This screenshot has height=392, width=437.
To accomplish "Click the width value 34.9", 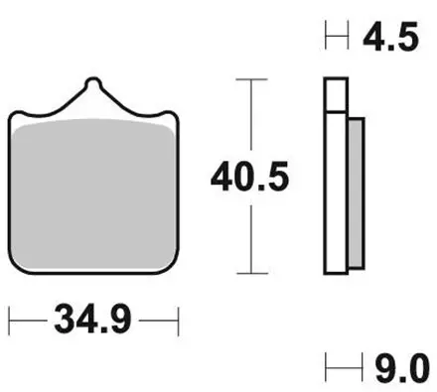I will pyautogui.click(x=93, y=323).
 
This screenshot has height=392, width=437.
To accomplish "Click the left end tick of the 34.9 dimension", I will pyautogui.click(x=10, y=323).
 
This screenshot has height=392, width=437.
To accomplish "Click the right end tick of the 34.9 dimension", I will pyautogui.click(x=178, y=323).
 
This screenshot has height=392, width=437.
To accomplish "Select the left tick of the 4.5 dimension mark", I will pyautogui.click(x=327, y=41).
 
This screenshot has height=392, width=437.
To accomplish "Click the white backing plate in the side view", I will pyautogui.click(x=337, y=179).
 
